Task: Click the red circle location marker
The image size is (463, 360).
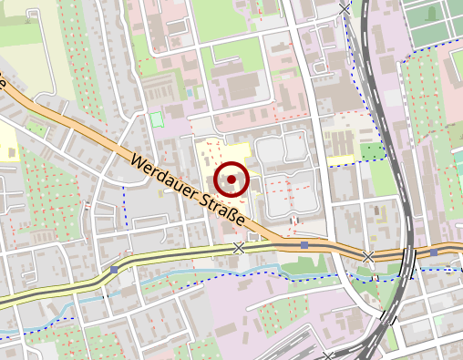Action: [x=232, y=180]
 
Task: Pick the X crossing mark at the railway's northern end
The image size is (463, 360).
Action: [x=345, y=8]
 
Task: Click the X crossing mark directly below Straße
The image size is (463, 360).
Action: [x=239, y=248]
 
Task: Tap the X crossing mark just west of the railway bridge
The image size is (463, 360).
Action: [x=368, y=257]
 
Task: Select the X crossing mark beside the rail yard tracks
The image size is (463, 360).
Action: [x=329, y=355]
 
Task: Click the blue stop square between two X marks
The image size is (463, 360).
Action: [x=304, y=245]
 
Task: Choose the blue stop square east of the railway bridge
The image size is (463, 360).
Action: [x=435, y=252]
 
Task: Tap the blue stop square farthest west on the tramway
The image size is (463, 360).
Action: [x=114, y=270]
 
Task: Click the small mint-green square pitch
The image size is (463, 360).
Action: [x=156, y=118]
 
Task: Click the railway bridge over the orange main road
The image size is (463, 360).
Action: [x=406, y=252]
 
